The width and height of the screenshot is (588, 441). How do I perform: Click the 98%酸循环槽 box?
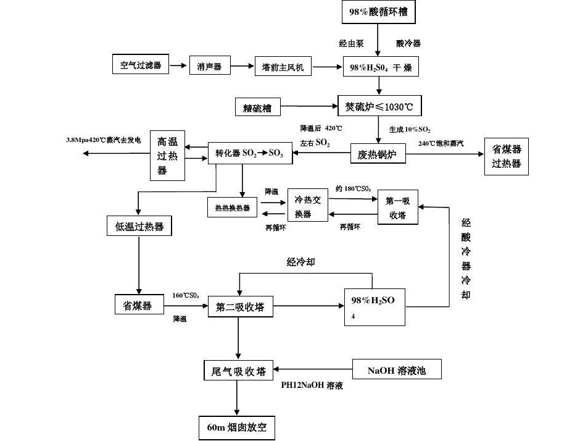pos(378,12)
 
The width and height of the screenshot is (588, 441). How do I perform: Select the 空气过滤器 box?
pos(140,64)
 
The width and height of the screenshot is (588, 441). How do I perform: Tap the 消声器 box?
pos(209,66)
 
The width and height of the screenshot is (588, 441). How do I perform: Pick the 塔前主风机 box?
pos(283,66)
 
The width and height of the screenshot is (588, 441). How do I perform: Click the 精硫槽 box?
pos(257,107)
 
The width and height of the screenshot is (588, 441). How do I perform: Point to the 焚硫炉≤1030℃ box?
pos(379,107)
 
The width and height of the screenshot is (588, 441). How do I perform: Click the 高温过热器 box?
pos(168,156)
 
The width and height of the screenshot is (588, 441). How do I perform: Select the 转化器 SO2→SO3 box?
pos(249,153)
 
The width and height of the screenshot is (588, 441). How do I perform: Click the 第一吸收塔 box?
pos(397,207)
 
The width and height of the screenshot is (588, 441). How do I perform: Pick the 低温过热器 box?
pos(139,226)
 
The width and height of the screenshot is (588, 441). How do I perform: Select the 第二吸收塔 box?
pos(240,306)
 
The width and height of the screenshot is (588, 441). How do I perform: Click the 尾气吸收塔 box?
pos(239,371)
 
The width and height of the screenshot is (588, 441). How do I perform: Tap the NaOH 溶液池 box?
pos(396,371)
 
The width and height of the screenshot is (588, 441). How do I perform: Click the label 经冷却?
pos(300,262)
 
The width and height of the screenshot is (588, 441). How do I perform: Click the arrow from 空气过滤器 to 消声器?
pos(178,65)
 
